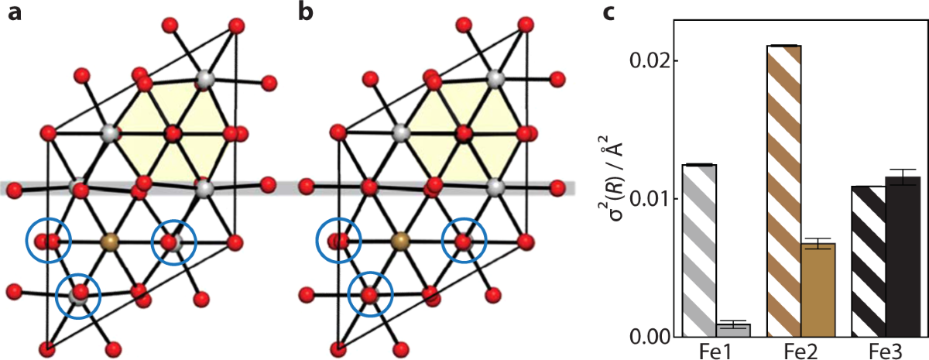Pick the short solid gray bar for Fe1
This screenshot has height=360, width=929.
(732, 330)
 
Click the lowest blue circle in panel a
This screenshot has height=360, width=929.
(78, 294)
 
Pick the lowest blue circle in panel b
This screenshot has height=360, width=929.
(371, 294)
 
